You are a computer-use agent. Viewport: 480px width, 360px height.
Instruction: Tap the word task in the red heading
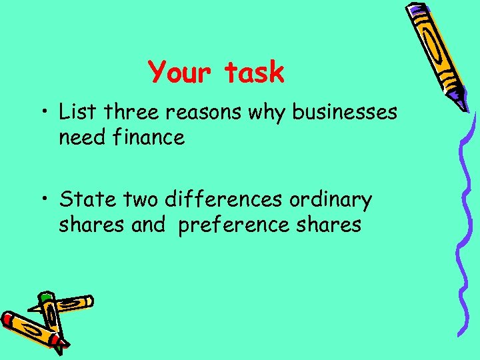(x=254, y=72)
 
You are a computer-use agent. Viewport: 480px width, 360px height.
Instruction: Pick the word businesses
(x=345, y=111)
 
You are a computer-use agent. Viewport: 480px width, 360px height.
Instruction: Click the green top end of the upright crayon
(x=45, y=297)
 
